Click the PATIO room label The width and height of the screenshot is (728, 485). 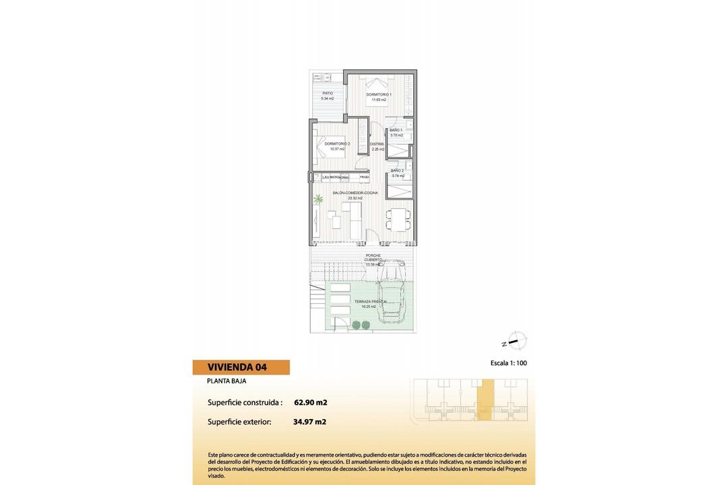328,93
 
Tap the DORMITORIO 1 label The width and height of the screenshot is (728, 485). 379,94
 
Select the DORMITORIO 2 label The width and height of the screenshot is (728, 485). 336,143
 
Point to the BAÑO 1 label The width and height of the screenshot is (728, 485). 396,130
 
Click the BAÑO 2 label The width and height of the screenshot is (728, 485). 398,170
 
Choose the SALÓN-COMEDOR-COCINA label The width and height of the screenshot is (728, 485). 355,193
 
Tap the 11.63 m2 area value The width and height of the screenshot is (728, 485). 379,100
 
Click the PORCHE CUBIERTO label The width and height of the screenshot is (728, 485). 373,257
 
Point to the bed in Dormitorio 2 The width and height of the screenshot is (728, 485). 330,145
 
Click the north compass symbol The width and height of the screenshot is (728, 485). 516,341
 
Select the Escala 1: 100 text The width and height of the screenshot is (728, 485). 509,363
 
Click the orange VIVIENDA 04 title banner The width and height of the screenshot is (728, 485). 241,367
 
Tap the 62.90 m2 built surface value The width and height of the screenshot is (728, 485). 311,403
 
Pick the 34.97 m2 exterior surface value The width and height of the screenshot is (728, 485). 310,422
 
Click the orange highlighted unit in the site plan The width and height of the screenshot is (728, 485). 485,401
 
